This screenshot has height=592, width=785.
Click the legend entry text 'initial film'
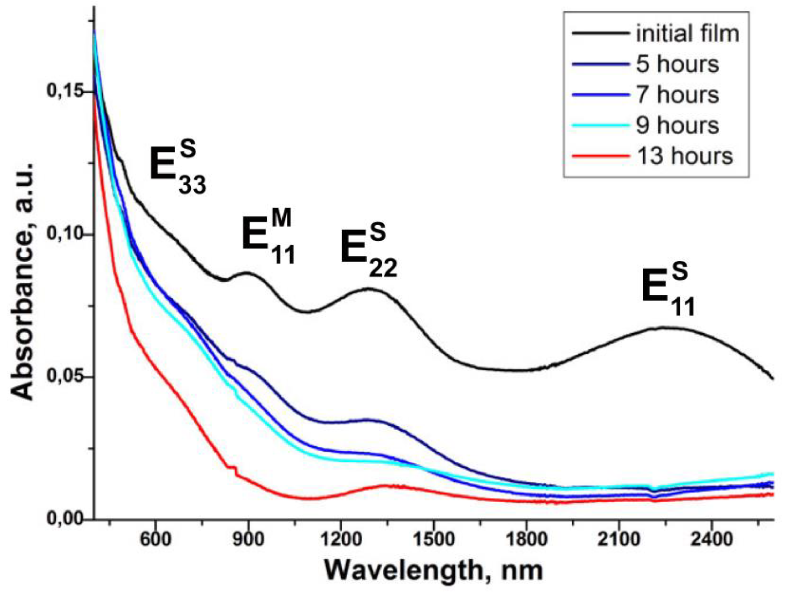click(688, 34)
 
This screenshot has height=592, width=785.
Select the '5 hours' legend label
click(678, 64)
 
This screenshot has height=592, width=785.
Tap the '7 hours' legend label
click(678, 95)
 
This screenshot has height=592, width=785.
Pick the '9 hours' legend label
click(678, 125)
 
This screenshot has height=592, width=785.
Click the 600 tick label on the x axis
click(155, 540)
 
